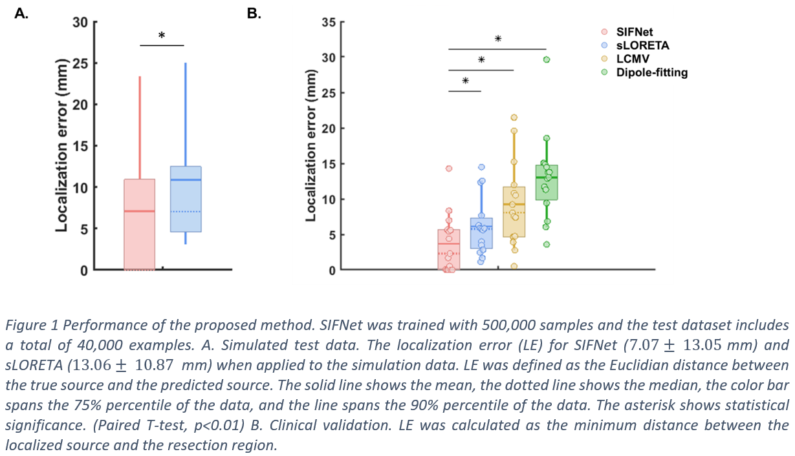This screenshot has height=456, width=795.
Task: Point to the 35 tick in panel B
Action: click(329, 23)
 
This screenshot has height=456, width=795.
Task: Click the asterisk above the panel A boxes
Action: click(162, 36)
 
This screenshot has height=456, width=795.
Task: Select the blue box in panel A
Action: click(186, 199)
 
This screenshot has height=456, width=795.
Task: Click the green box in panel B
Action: click(547, 183)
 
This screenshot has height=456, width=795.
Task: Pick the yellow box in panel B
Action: click(514, 212)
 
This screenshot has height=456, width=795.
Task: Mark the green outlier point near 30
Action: click(547, 59)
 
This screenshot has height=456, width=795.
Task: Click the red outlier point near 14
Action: click(449, 169)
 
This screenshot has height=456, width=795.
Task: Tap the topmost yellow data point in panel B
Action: click(514, 118)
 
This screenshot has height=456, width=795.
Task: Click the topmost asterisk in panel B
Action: click(497, 39)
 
